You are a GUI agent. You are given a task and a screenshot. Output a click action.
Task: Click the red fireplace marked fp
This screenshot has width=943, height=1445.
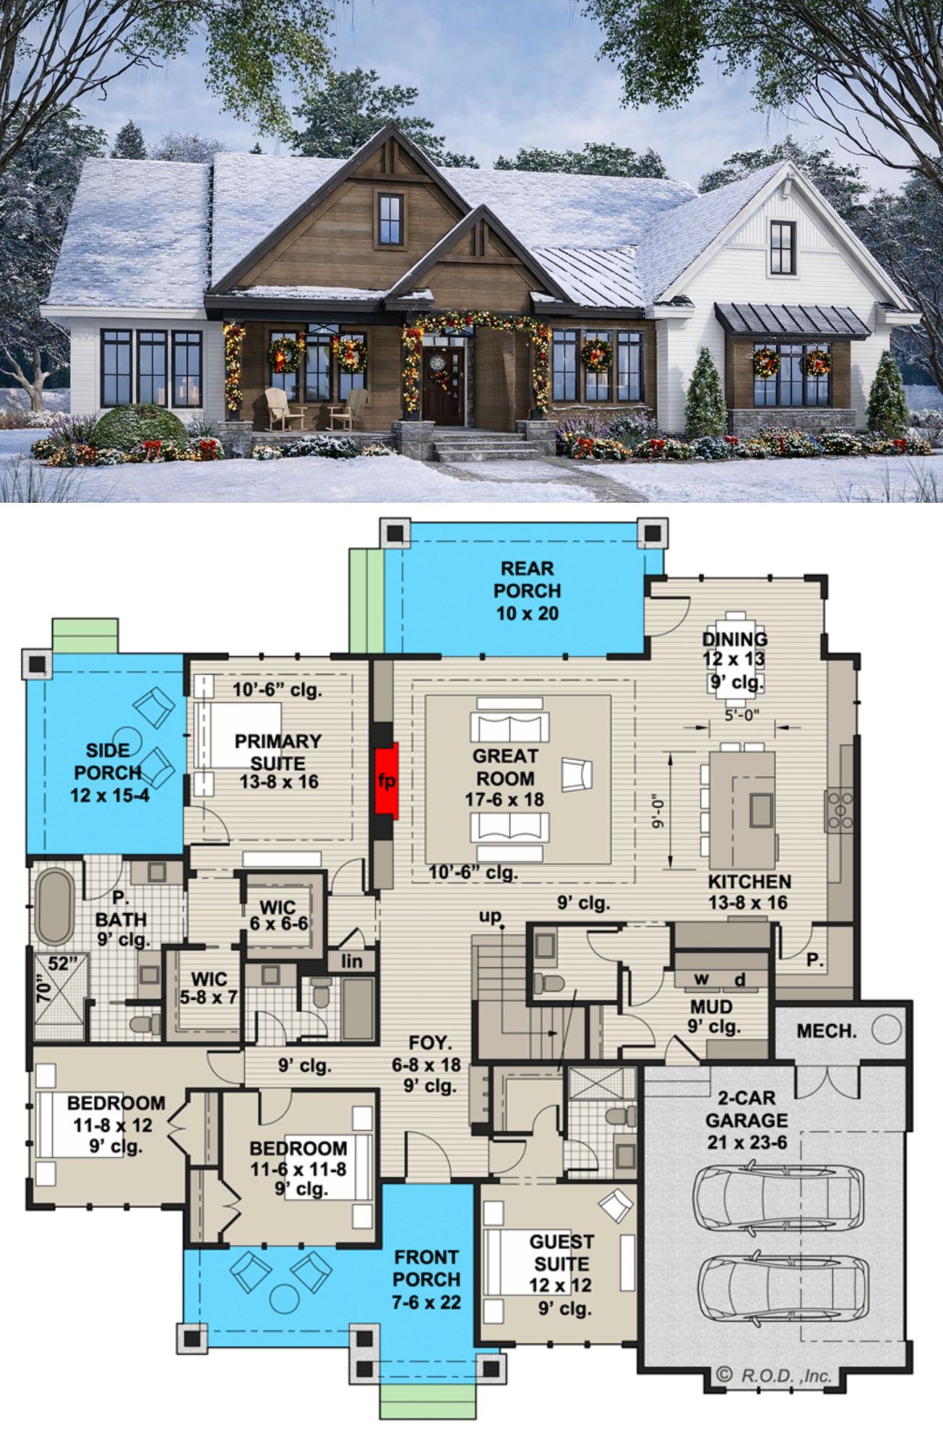(x=387, y=780)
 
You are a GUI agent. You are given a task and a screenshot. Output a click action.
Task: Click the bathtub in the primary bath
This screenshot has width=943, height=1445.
(x=54, y=907)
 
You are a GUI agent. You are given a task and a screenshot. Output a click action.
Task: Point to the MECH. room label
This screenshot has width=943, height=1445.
(x=827, y=1031)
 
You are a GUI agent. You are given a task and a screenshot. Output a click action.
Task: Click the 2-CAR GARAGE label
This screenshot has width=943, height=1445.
(x=746, y=1109)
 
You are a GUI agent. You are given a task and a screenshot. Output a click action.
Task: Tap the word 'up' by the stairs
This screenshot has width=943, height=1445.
(x=489, y=916)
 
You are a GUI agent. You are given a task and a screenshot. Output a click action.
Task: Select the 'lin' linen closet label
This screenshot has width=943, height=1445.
(x=351, y=962)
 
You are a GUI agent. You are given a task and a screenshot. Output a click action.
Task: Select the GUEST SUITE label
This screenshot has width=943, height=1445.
(x=561, y=1253)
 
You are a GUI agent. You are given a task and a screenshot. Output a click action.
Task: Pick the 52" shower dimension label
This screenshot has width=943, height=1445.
(x=62, y=963)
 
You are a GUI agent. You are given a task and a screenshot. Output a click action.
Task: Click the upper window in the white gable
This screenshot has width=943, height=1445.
(x=782, y=244)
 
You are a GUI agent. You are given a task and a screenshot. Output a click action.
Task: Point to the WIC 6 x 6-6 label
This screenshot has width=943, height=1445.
(x=278, y=915)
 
